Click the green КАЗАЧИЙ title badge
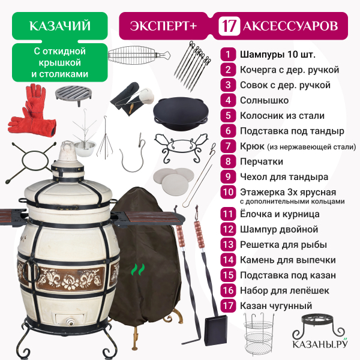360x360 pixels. tap(59, 26)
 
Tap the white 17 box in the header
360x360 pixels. tap(229, 26)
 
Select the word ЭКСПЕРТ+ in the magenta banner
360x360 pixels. tap(163, 26)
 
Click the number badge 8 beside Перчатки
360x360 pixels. tap(228, 161)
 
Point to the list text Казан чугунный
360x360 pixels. tap(276, 306)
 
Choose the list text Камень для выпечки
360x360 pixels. tap(287, 260)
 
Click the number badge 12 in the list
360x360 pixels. tap(228, 229)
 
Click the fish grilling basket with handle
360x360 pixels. tap(139, 55)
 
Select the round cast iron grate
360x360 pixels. tap(73, 94)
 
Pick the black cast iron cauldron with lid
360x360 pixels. tap(181, 113)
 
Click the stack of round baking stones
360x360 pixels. tap(173, 180)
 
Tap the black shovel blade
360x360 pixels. tap(216, 330)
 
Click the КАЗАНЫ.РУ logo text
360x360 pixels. tap(320, 344)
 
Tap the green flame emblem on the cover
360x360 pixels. tap(138, 269)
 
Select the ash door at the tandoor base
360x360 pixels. tap(70, 320)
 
